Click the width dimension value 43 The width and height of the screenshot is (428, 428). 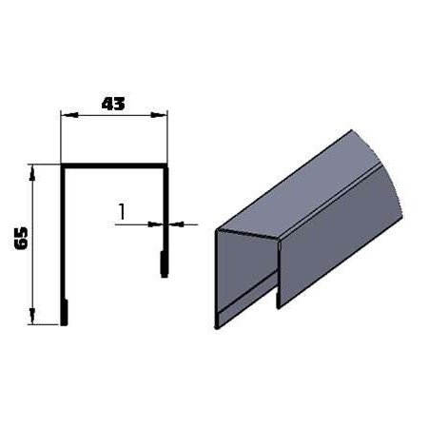113,105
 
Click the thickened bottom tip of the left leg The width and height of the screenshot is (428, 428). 64,313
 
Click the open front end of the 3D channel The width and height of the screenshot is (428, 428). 247,271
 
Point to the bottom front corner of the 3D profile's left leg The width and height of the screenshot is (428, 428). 218,326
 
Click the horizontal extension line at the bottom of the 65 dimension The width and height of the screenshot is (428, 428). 45,324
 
